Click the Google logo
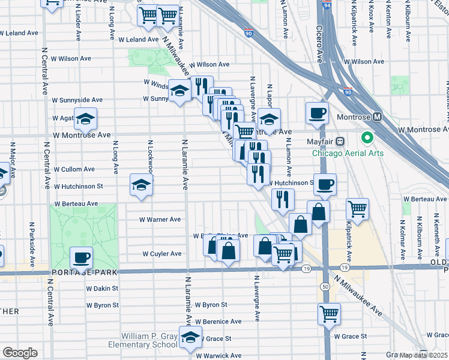[20, 353]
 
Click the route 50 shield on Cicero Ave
[325, 287]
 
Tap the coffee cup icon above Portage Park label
[81, 258]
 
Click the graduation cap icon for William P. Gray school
[190, 339]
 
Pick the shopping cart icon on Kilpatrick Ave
[357, 209]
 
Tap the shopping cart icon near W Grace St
[329, 313]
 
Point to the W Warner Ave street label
[160, 220]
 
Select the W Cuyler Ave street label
[161, 254]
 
